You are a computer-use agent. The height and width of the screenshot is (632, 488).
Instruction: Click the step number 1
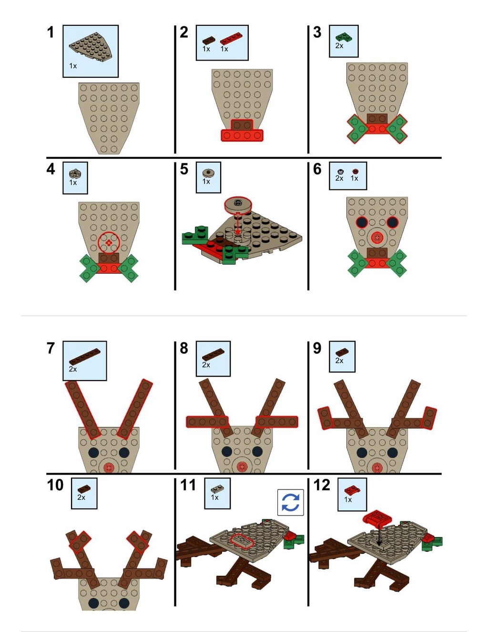point(51,32)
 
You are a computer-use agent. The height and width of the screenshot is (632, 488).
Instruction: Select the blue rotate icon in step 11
point(291,502)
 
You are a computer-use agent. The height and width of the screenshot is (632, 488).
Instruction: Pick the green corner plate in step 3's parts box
point(343,37)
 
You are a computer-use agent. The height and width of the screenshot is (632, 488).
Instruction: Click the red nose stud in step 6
point(377,238)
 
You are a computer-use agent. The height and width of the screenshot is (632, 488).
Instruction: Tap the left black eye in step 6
point(362,222)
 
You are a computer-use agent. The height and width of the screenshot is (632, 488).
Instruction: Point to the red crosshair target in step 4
point(109,242)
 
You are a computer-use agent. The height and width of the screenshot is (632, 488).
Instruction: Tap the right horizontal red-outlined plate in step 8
point(277,422)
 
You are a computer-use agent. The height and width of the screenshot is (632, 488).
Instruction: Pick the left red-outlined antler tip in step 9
point(325,418)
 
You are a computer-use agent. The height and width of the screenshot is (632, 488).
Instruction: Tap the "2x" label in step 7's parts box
point(73,369)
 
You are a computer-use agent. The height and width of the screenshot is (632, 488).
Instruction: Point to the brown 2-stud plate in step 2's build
point(242,125)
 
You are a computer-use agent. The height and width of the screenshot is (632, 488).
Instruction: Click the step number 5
point(184,169)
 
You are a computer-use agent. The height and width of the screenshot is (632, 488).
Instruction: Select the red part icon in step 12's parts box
point(352,491)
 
